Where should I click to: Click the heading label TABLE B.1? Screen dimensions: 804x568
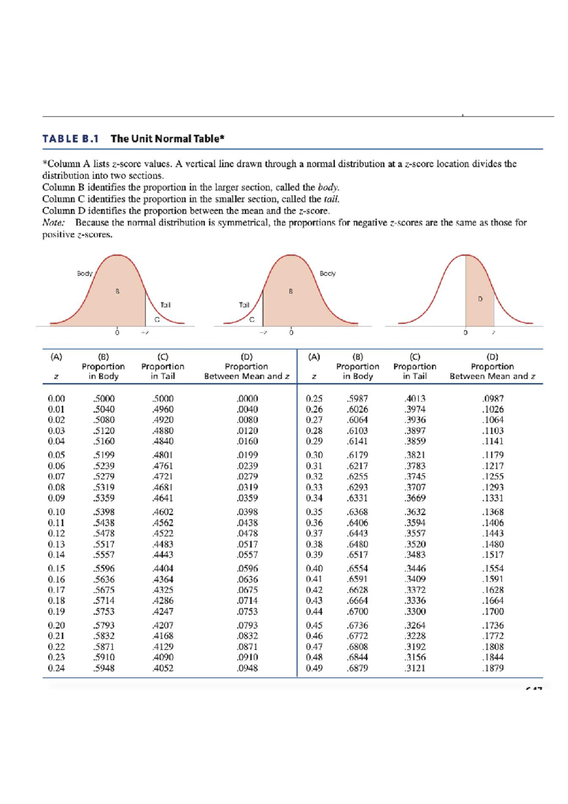pyautogui.click(x=71, y=139)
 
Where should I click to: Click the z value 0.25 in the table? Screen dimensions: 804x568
pyautogui.click(x=314, y=399)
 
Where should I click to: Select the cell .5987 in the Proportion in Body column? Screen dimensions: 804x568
pyautogui.click(x=357, y=399)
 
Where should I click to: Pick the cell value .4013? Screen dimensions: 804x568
pyautogui.click(x=415, y=399)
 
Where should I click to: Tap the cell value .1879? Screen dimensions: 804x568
pyautogui.click(x=492, y=668)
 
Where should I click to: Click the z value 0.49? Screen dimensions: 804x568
pyautogui.click(x=314, y=668)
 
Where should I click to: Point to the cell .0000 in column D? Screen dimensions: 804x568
pyautogui.click(x=247, y=399)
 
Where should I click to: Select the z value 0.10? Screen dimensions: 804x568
pyautogui.click(x=56, y=512)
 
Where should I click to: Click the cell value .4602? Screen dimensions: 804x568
pyautogui.click(x=162, y=512)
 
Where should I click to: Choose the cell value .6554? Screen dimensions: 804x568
pyautogui.click(x=357, y=568)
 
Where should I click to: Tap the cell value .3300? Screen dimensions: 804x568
pyautogui.click(x=415, y=611)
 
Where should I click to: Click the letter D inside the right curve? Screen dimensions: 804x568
pyautogui.click(x=480, y=299)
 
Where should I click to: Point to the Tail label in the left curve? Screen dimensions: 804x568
pyautogui.click(x=165, y=305)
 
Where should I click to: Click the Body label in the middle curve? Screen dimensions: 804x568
pyautogui.click(x=328, y=274)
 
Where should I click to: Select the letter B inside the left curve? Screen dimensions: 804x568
pyautogui.click(x=117, y=291)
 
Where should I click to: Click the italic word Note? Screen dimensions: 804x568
pyautogui.click(x=53, y=223)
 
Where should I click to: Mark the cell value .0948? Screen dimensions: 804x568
pyautogui.click(x=247, y=668)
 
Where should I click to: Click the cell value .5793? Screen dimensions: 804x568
pyautogui.click(x=104, y=625)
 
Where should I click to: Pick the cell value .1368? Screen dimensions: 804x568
pyautogui.click(x=492, y=512)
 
